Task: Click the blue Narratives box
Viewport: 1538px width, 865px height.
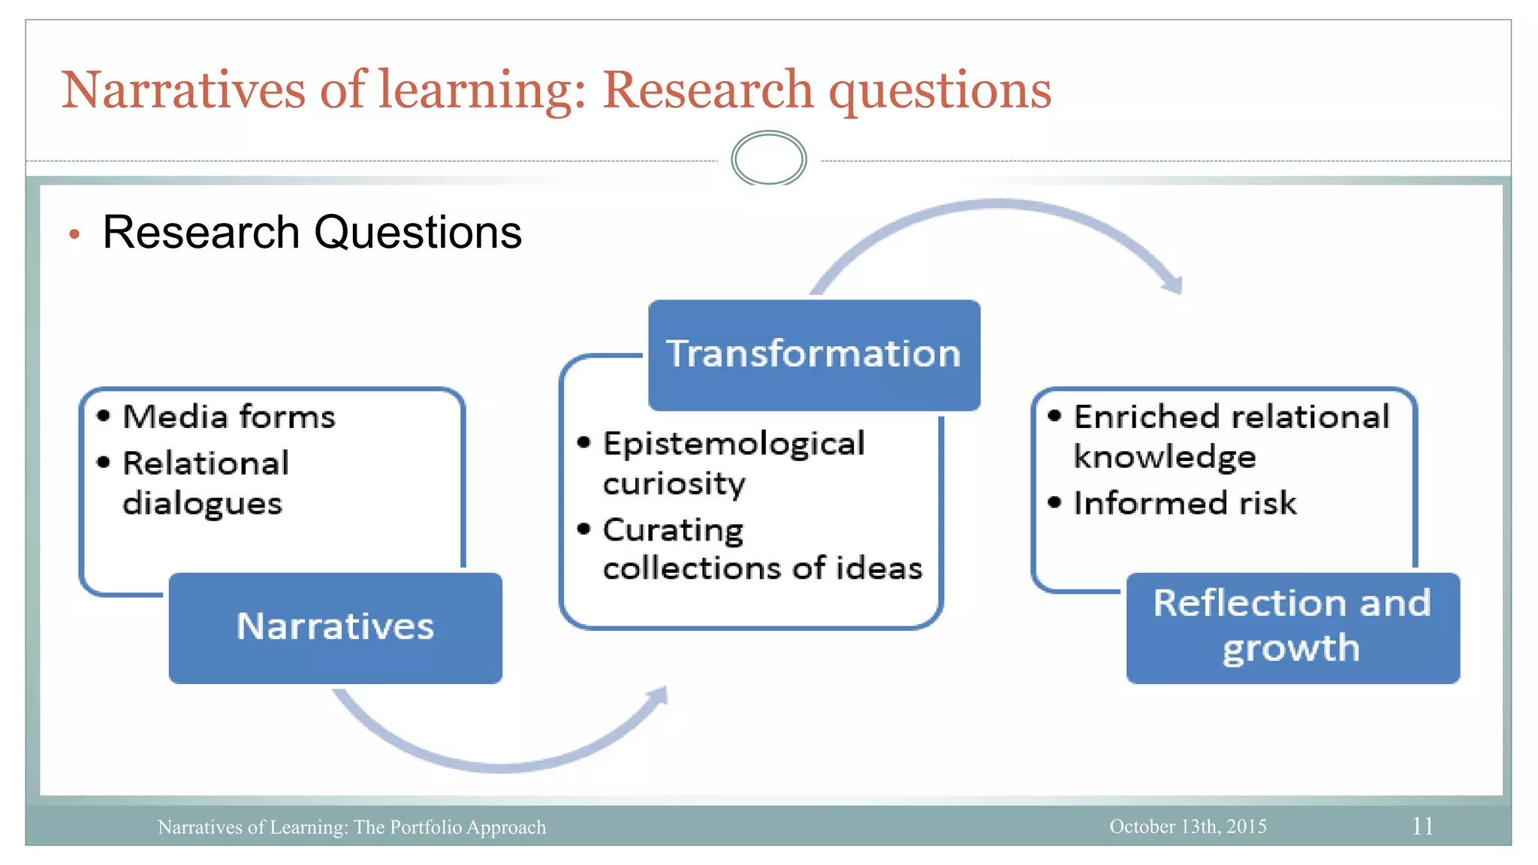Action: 335,628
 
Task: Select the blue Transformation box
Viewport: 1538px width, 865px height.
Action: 814,354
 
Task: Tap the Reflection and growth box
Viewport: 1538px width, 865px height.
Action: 1292,628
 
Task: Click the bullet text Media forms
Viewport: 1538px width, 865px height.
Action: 228,417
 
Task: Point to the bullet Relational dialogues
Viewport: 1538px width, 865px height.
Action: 205,483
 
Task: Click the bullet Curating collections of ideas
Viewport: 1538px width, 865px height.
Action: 761,549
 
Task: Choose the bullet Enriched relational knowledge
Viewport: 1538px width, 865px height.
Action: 1231,436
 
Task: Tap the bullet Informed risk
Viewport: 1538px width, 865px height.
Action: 1184,503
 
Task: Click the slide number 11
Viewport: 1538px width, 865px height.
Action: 1422,826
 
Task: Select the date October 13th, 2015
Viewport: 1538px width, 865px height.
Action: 1187,826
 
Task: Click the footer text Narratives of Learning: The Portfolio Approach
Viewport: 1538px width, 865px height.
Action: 351,827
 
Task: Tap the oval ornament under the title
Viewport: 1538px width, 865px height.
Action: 768,158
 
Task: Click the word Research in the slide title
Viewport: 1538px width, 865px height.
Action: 707,90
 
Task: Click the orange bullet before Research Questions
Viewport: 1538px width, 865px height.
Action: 74,235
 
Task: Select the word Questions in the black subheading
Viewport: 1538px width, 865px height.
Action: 418,232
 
